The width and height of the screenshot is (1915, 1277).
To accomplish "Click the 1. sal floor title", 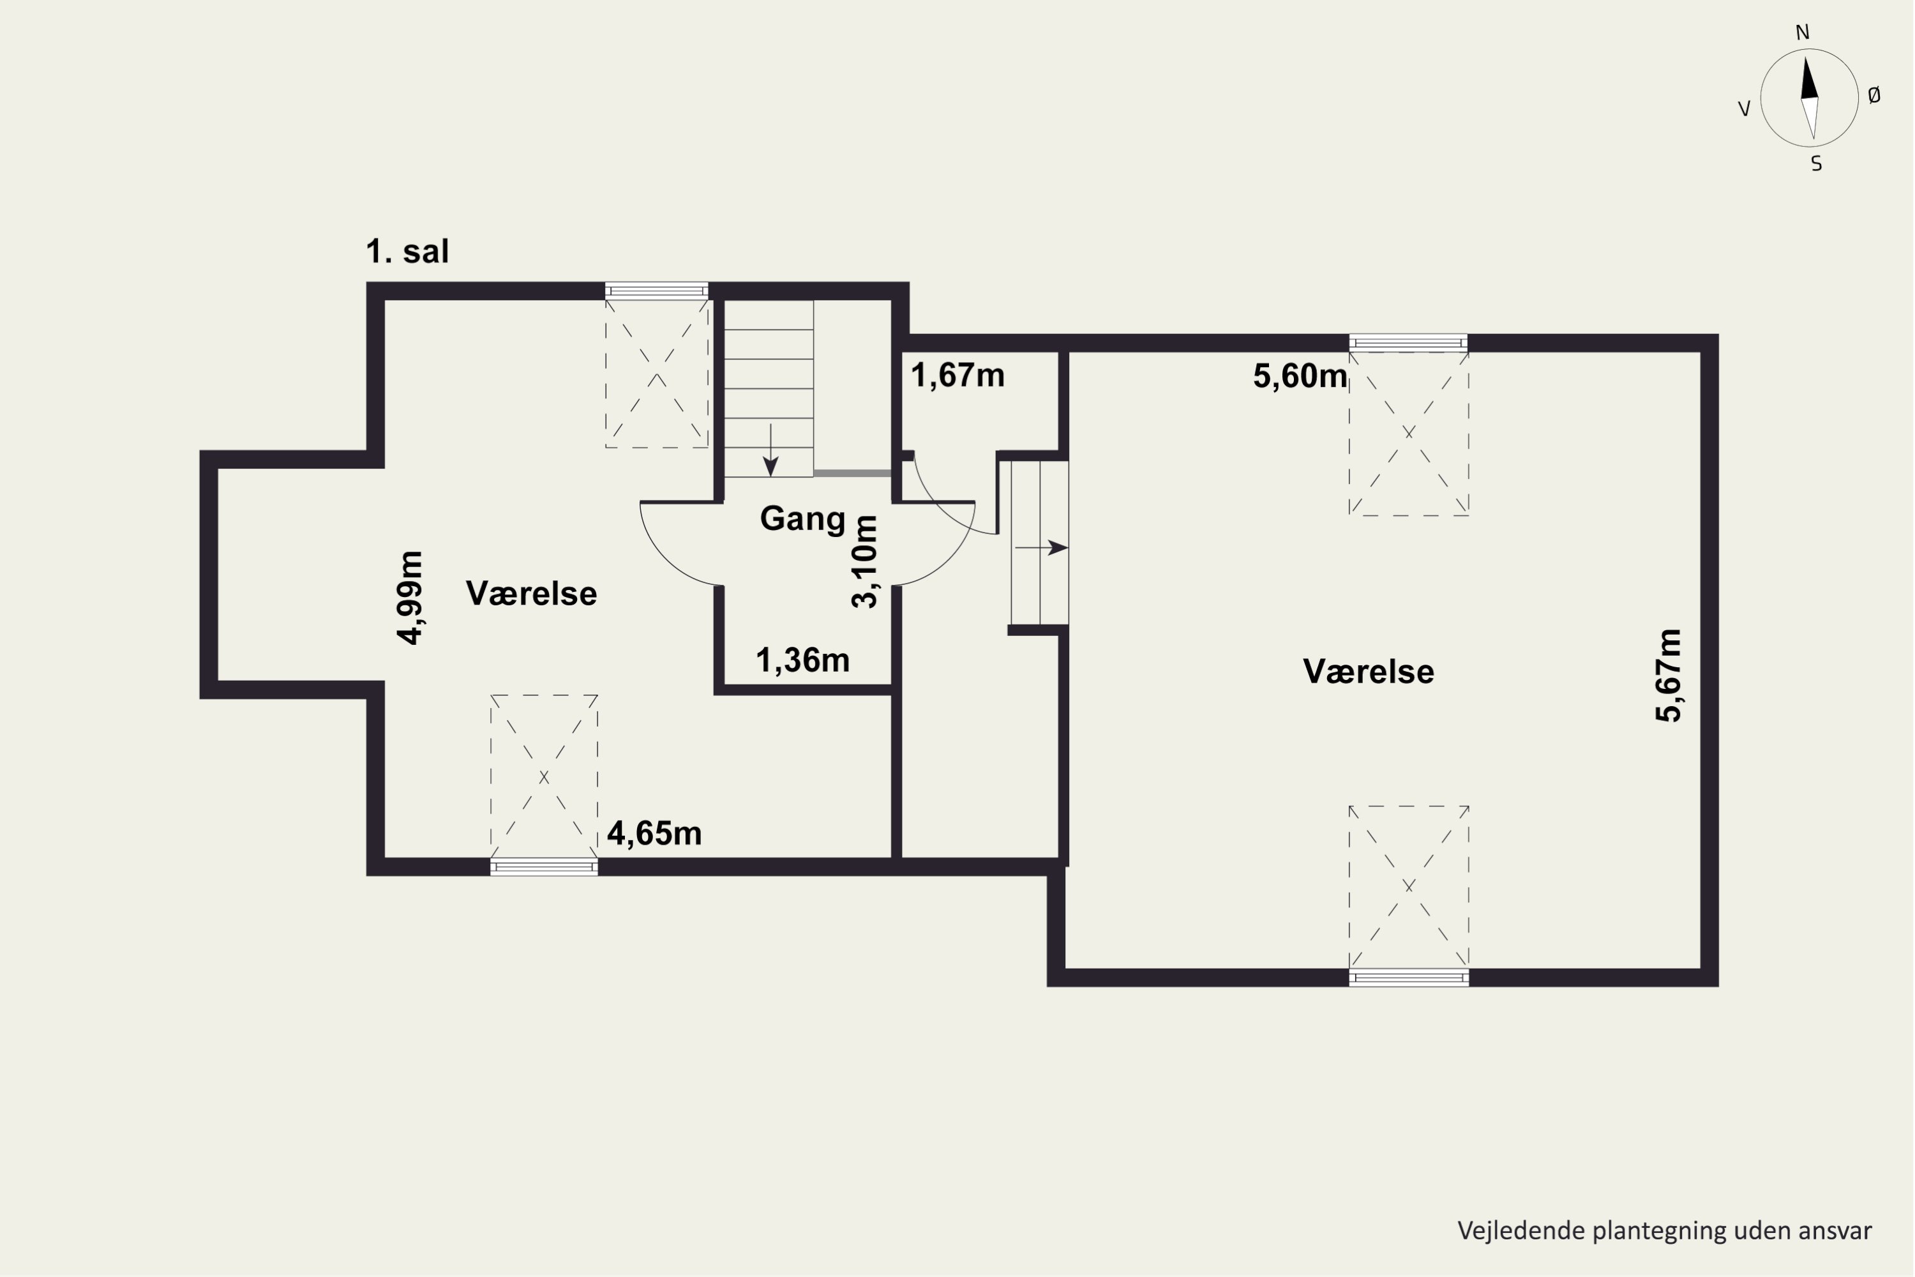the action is pyautogui.click(x=407, y=252).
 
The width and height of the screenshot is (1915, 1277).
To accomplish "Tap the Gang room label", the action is pyautogui.click(x=803, y=518).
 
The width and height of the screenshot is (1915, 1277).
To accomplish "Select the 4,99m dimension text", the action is pyautogui.click(x=410, y=598).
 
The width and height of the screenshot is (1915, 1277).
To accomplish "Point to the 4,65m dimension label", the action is pyautogui.click(x=655, y=834).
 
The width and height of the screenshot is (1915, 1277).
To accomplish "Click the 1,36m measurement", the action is pyautogui.click(x=803, y=660).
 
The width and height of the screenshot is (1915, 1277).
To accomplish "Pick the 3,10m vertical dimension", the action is pyautogui.click(x=865, y=562).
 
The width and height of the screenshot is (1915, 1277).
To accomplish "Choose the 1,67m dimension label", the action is pyautogui.click(x=957, y=375).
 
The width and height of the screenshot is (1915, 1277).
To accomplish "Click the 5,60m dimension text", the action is pyautogui.click(x=1300, y=376).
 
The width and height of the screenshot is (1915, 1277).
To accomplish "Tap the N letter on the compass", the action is pyautogui.click(x=1803, y=33).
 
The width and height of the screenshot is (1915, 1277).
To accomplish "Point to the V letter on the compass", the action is pyautogui.click(x=1744, y=109).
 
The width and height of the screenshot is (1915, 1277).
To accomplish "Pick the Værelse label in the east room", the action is pyautogui.click(x=1369, y=672).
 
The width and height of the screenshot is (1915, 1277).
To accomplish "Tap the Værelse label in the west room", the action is pyautogui.click(x=532, y=594).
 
